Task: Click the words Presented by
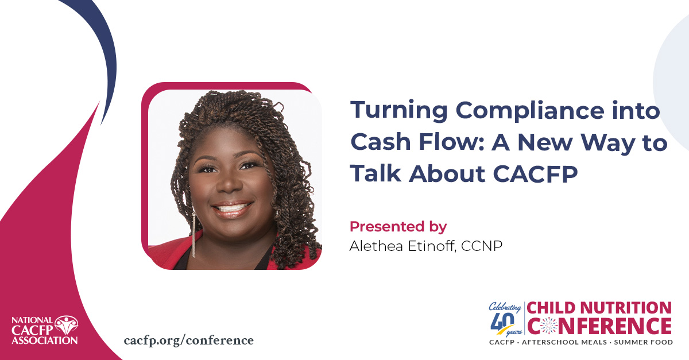tap(398, 226)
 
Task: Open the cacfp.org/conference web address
tap(188, 340)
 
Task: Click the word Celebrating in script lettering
tap(505, 306)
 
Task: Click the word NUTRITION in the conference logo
tap(629, 308)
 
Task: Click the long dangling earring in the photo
tap(193, 235)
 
